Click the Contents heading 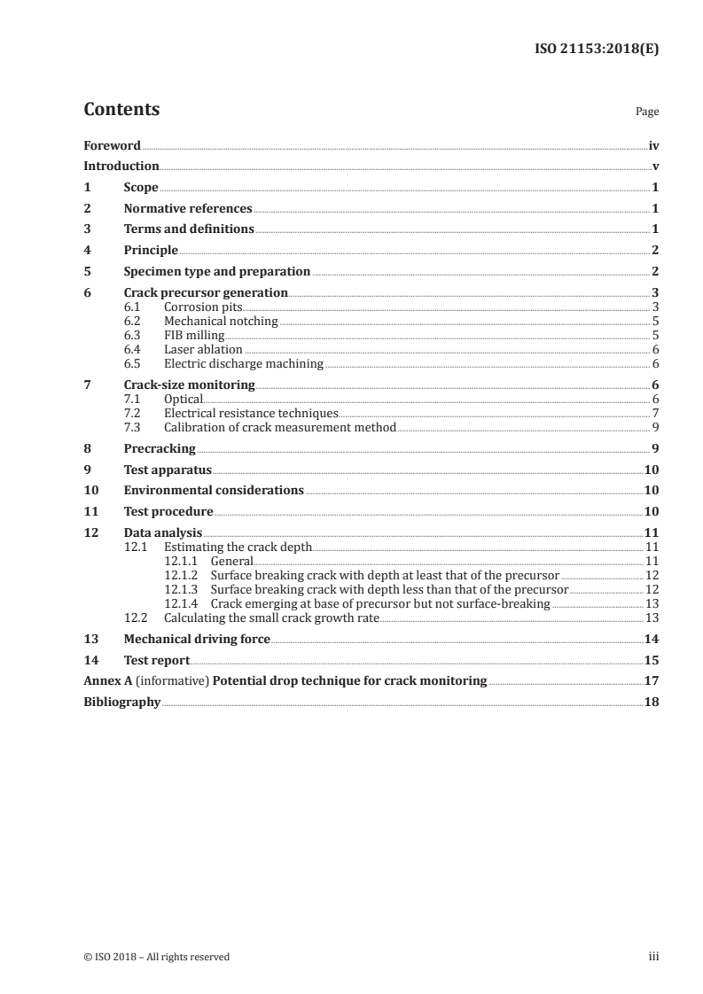[121, 110]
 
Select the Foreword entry [112, 145]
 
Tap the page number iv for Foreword [652, 145]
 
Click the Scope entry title [141, 188]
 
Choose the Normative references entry [188, 209]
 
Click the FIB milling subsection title [194, 335]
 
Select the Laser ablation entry [203, 349]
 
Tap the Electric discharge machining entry [243, 363]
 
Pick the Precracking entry [160, 449]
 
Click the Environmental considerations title [214, 491]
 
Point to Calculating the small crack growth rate [270, 617]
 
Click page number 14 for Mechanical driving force [651, 639]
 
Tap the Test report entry [157, 660]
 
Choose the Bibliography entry [121, 702]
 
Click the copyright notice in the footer [156, 956]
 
